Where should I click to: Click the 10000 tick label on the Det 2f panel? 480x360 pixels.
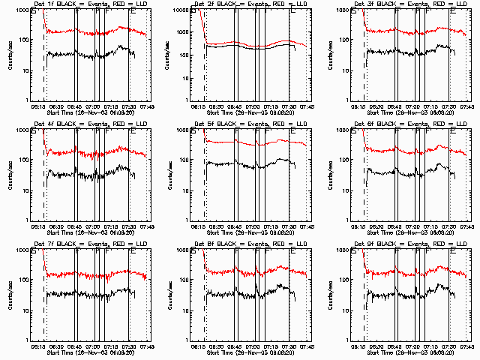point(177,10)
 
